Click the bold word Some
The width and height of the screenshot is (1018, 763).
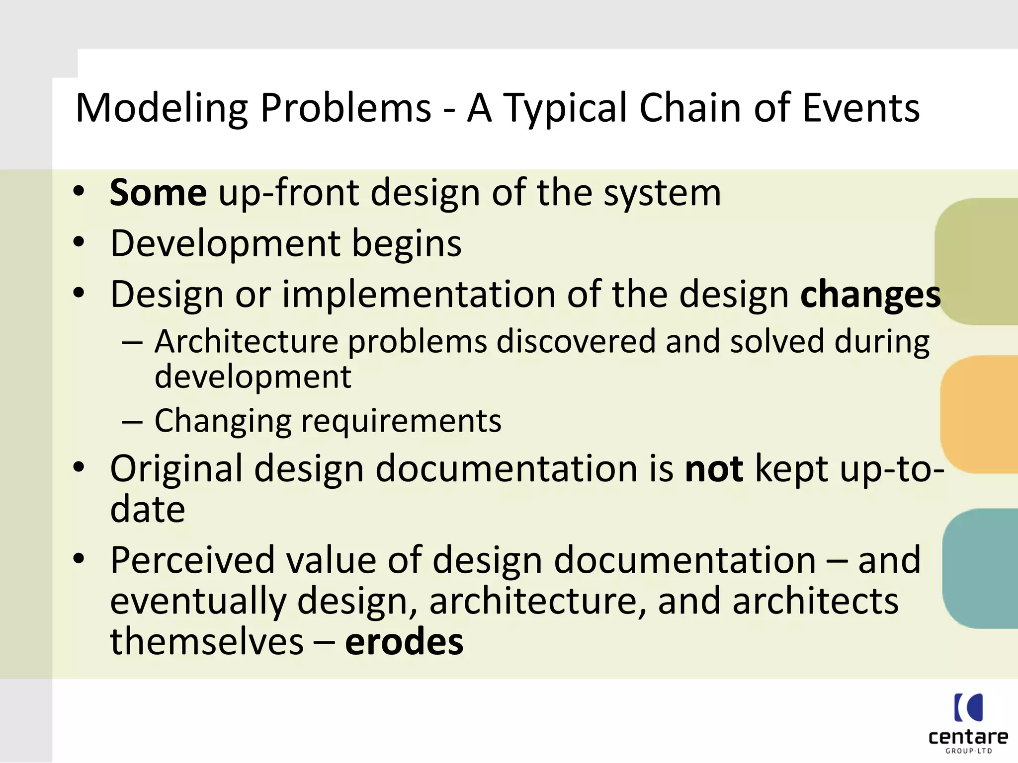158,193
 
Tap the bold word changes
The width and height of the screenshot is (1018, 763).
870,295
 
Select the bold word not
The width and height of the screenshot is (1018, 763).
714,468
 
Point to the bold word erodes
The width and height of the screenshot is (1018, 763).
404,641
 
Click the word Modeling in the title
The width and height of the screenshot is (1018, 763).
162,108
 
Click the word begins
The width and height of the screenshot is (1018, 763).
407,243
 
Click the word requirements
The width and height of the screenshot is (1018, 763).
401,421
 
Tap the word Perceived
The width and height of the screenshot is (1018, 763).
192,560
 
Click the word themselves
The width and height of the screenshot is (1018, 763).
206,641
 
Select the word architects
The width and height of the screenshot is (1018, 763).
815,601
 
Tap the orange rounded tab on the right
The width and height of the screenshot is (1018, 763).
980,414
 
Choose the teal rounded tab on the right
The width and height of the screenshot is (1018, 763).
981,568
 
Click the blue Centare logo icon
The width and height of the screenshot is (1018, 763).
968,707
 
